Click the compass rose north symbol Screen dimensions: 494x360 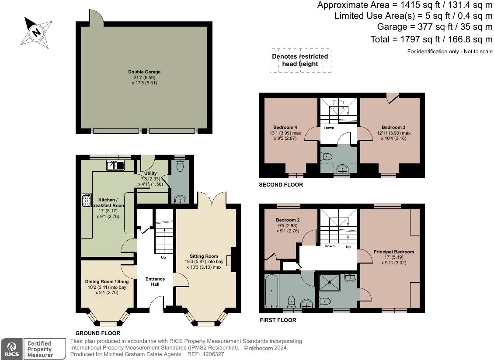(36, 33)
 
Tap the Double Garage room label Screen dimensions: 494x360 (144, 72)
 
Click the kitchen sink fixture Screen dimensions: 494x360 (115, 165)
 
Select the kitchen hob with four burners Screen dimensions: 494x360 (87, 200)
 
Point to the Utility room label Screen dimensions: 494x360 (150, 173)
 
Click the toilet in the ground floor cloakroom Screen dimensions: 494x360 (180, 166)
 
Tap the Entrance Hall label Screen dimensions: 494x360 (155, 281)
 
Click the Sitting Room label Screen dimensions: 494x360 (204, 256)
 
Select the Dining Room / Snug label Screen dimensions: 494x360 (107, 281)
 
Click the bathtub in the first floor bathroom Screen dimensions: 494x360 (271, 291)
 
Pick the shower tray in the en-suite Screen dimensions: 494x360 (330, 282)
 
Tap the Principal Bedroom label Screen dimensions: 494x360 (394, 252)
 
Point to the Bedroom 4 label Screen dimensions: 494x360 (285, 127)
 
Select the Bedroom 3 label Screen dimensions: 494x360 (393, 127)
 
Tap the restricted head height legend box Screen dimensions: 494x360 (300, 60)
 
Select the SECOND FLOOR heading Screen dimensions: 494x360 (281, 184)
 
